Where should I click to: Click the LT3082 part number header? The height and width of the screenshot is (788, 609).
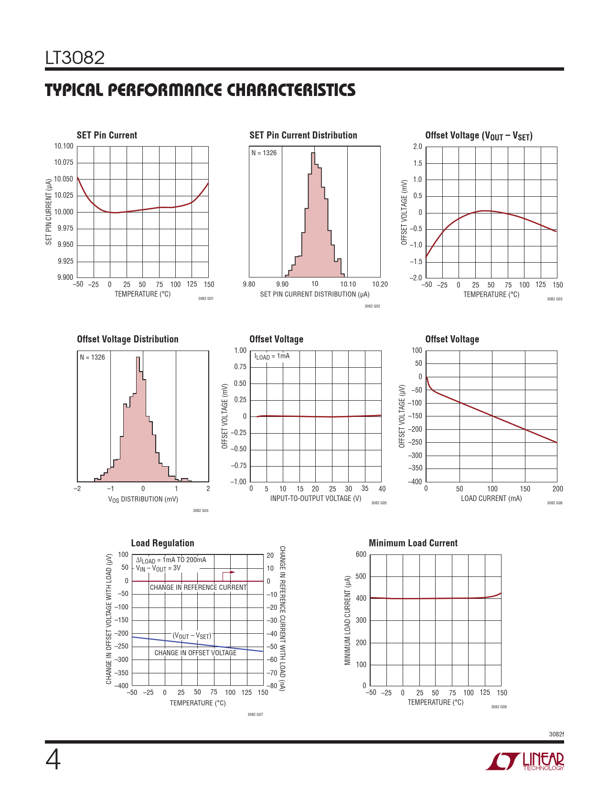click(x=75, y=58)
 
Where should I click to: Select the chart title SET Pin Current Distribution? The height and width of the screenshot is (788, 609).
click(x=303, y=136)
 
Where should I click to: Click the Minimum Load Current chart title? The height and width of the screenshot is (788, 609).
click(x=413, y=543)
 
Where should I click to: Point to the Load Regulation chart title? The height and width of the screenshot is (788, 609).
click(x=162, y=543)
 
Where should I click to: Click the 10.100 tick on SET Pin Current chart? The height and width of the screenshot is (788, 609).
click(x=64, y=147)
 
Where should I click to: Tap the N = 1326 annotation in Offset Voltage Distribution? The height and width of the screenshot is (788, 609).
click(x=92, y=357)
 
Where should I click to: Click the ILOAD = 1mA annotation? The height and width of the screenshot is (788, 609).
click(x=272, y=356)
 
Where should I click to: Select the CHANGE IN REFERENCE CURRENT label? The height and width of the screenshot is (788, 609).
click(x=198, y=587)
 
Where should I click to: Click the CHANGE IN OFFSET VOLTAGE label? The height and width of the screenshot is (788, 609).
click(x=195, y=653)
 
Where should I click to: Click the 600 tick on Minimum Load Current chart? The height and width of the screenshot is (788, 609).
click(x=361, y=554)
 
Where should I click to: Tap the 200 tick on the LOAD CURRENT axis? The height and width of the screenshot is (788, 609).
click(x=557, y=489)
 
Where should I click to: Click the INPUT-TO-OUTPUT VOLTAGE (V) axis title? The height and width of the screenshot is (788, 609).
click(x=316, y=499)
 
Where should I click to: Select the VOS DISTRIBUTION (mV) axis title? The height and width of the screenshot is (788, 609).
click(x=143, y=499)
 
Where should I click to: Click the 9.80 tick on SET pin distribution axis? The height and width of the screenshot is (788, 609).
click(x=249, y=284)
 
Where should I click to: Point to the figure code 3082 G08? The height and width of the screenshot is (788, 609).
click(x=499, y=707)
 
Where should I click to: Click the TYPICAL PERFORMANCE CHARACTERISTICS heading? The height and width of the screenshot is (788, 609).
click(x=200, y=90)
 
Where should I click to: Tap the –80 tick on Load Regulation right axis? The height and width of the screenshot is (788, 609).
click(x=271, y=686)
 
